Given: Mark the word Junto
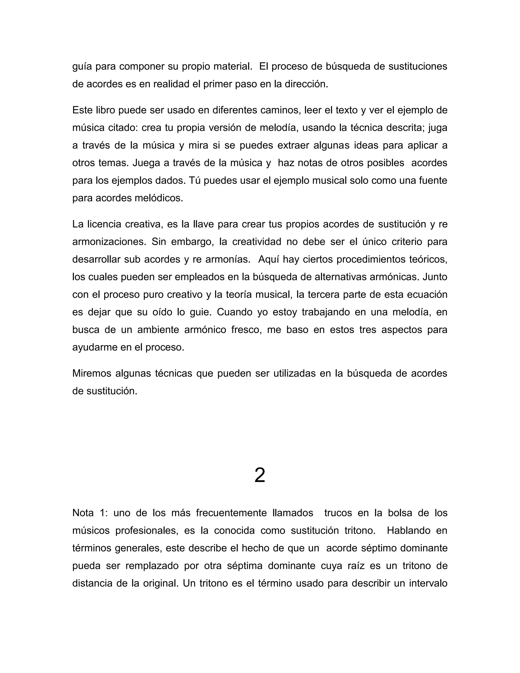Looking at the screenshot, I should tap(435, 277).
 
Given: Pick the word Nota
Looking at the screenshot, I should tap(83, 513).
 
